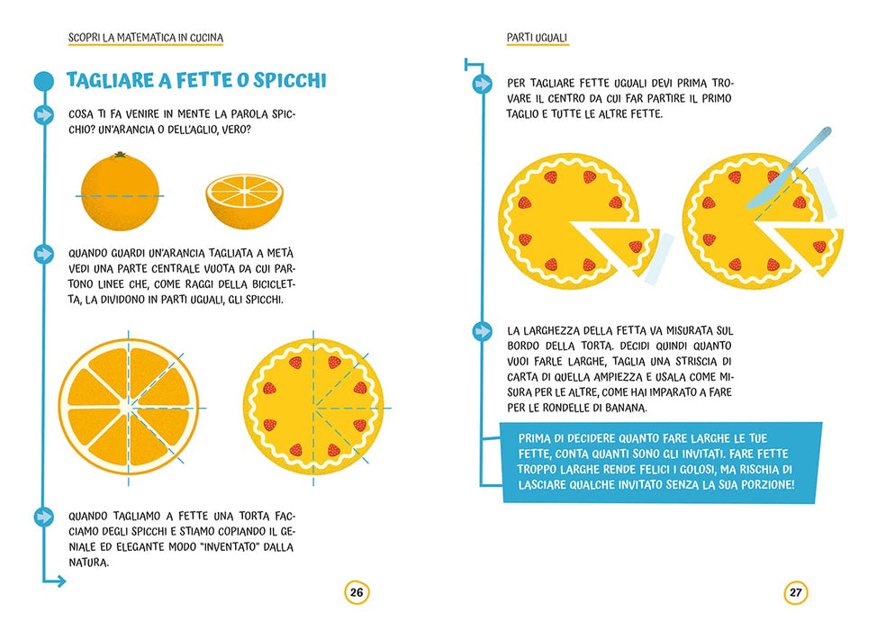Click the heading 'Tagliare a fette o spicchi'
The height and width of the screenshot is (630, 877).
[196, 80]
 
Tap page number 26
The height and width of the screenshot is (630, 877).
[357, 592]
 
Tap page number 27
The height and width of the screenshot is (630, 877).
[796, 592]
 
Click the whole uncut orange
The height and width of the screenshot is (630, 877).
[120, 192]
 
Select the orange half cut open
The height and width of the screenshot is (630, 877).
[244, 201]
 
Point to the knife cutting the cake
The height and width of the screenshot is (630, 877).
[789, 167]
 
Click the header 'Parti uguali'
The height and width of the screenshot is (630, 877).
[537, 38]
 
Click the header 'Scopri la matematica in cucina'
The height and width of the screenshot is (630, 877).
[146, 38]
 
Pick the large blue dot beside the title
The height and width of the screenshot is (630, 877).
[43, 81]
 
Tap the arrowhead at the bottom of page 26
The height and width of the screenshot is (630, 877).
[61, 582]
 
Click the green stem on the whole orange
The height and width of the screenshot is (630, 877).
[120, 154]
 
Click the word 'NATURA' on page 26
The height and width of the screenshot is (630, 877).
[88, 562]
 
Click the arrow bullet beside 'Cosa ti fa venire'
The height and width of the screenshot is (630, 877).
[43, 114]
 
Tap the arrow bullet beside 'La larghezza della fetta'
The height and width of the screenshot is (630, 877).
[482, 331]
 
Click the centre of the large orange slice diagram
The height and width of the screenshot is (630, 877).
[128, 408]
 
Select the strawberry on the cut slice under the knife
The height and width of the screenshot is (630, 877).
[819, 246]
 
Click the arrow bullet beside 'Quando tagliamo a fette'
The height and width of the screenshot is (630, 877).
[43, 517]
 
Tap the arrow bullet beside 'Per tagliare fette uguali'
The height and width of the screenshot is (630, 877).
[482, 84]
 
